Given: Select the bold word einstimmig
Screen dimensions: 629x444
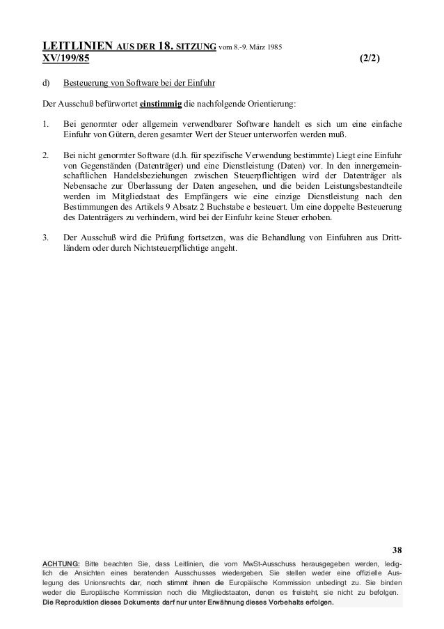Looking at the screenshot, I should [161, 104].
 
